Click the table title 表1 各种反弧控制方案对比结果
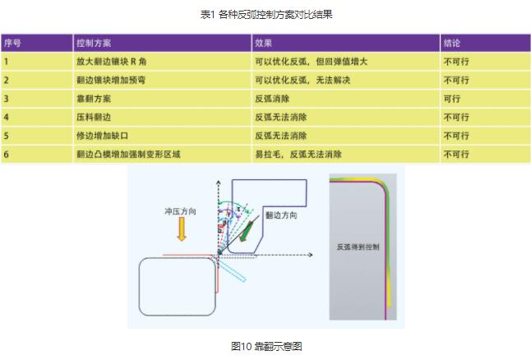pyautogui.click(x=266, y=14)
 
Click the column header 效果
pyautogui.click(x=263, y=42)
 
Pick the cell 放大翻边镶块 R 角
pyautogui.click(x=112, y=61)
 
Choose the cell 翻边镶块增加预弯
pyautogui.click(x=112, y=80)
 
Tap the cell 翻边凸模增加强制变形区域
pyautogui.click(x=127, y=155)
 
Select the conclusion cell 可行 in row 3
pyautogui.click(x=451, y=99)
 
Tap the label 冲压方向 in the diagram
pyautogui.click(x=180, y=212)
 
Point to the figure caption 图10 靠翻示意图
pyautogui.click(x=265, y=347)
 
